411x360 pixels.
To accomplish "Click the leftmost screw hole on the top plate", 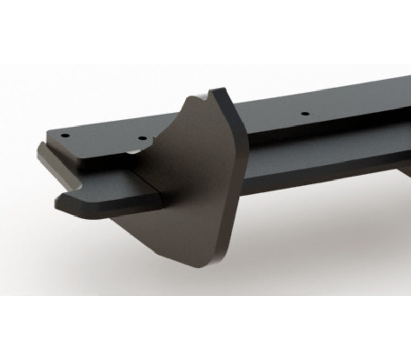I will pyautogui.click(x=65, y=136).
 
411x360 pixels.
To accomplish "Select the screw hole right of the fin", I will pyautogui.click(x=304, y=113).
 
